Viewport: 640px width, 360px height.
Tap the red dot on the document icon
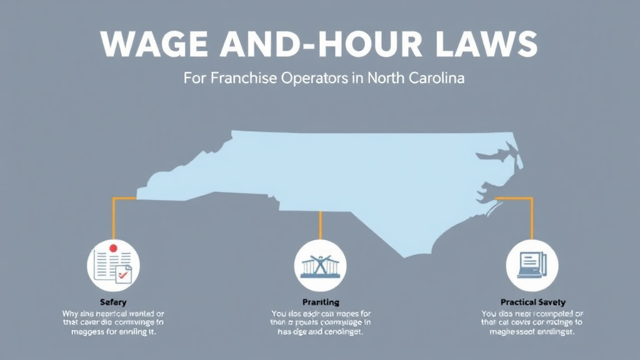point(113,248)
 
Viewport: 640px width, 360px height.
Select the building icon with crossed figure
point(319,265)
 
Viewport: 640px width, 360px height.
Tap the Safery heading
point(113,302)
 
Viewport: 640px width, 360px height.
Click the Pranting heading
point(320,302)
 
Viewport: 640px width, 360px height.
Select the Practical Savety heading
point(532,302)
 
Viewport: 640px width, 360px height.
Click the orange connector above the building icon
point(320,225)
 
